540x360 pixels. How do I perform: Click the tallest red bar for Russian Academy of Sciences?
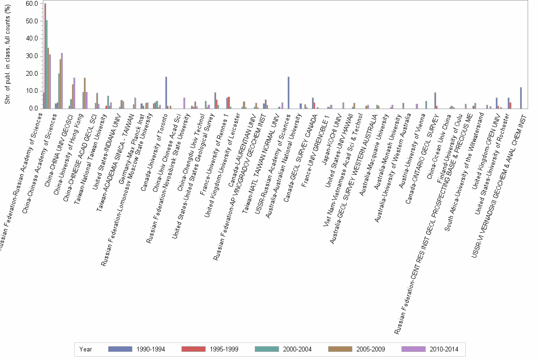click(x=45, y=56)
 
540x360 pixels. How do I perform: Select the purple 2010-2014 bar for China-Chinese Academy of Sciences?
click(x=62, y=80)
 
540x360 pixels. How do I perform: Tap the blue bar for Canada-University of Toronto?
click(x=166, y=92)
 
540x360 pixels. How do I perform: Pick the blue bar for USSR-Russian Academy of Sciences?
click(x=288, y=92)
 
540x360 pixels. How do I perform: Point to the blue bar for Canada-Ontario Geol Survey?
click(x=435, y=100)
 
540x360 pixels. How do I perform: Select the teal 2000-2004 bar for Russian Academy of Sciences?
click(x=47, y=64)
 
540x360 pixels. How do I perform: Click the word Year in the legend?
click(x=86, y=350)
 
